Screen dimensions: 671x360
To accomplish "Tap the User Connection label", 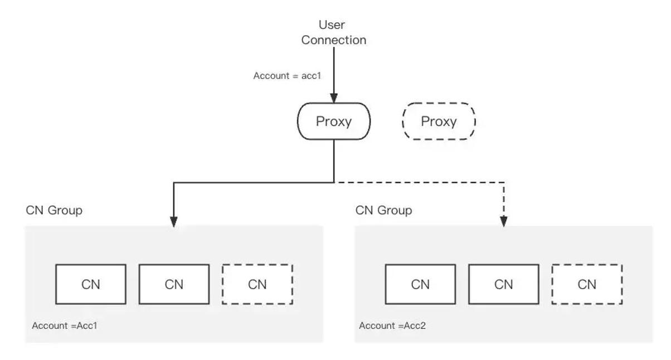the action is coord(334,32).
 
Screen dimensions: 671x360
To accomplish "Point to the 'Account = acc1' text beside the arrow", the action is coord(287,76).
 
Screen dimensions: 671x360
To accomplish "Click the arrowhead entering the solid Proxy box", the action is coord(334,98).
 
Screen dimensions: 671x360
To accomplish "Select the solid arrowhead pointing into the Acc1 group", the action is coord(174,222).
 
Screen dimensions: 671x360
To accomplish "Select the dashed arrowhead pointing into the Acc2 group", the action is coord(504,222).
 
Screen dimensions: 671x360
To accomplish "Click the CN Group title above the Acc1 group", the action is coord(54,211).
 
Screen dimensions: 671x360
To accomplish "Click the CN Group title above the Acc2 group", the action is coord(384,211).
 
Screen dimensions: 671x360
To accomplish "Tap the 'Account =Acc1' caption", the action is coord(65,325).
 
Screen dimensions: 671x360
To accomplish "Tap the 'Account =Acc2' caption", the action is coord(392,325).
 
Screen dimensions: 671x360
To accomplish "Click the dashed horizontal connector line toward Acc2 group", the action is coord(419,182).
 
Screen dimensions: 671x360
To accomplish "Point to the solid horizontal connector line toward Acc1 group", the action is coord(254,182).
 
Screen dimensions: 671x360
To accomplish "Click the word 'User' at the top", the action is coord(332,25).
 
